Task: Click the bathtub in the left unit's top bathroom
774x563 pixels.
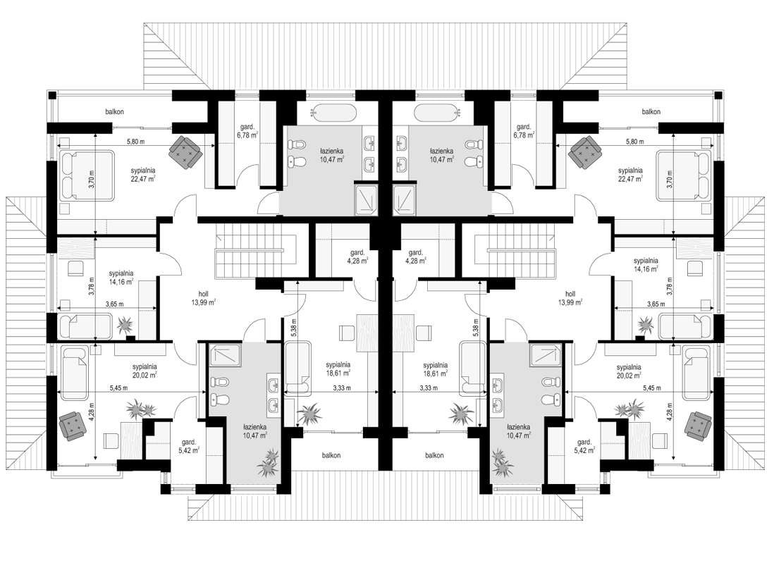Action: (333, 113)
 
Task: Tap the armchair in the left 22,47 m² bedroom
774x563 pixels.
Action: (185, 149)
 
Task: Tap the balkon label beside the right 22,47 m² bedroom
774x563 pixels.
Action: (651, 111)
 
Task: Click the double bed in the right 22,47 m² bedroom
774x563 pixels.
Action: (684, 175)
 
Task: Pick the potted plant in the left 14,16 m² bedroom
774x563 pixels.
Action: (126, 325)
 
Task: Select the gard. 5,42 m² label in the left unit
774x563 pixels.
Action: (190, 446)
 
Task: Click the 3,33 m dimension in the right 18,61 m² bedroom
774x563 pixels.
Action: (429, 388)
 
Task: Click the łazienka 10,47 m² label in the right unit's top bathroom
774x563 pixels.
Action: (441, 155)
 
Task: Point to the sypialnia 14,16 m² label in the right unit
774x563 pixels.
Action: (646, 264)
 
